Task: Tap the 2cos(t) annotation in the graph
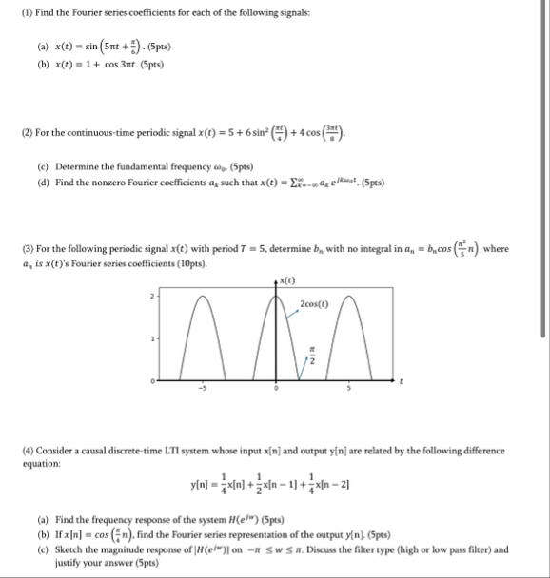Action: pos(314,304)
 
